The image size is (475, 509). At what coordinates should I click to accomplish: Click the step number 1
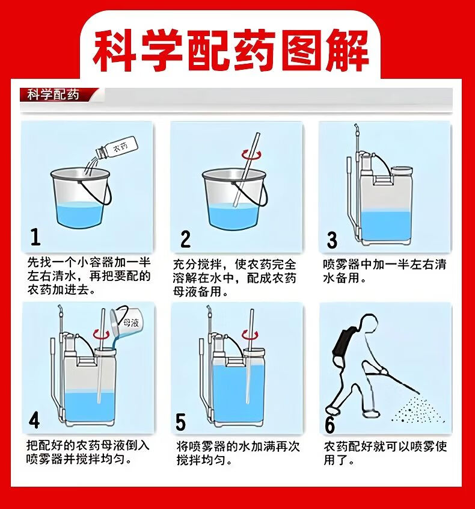[35, 236]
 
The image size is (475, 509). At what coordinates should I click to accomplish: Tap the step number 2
[185, 239]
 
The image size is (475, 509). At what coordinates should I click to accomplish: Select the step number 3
[331, 240]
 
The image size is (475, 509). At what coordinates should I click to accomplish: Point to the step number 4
[34, 420]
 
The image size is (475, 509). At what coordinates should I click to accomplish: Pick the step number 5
[180, 422]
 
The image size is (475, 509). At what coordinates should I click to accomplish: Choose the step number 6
[329, 424]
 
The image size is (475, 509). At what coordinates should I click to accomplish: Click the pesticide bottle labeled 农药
[116, 149]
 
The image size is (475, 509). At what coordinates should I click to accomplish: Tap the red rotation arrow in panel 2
[251, 155]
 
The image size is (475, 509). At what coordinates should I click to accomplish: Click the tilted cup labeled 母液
[124, 322]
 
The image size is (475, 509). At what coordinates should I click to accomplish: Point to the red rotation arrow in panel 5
[250, 335]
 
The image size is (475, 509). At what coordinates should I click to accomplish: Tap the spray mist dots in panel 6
[418, 410]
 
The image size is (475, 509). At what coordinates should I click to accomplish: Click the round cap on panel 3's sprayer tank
[402, 171]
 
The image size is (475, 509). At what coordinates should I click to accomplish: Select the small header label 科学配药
[53, 95]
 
